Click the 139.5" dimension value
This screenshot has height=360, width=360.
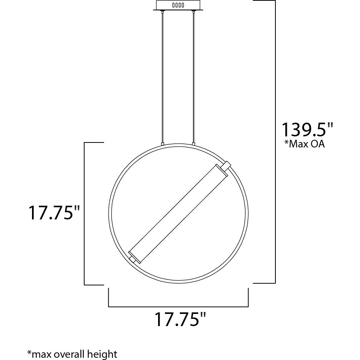307,130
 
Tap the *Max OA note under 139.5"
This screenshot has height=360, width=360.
305,144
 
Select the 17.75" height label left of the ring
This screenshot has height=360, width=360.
54,213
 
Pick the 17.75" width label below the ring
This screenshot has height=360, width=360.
181,319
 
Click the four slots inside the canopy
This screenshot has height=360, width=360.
178,5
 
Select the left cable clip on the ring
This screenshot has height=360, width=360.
163,144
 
